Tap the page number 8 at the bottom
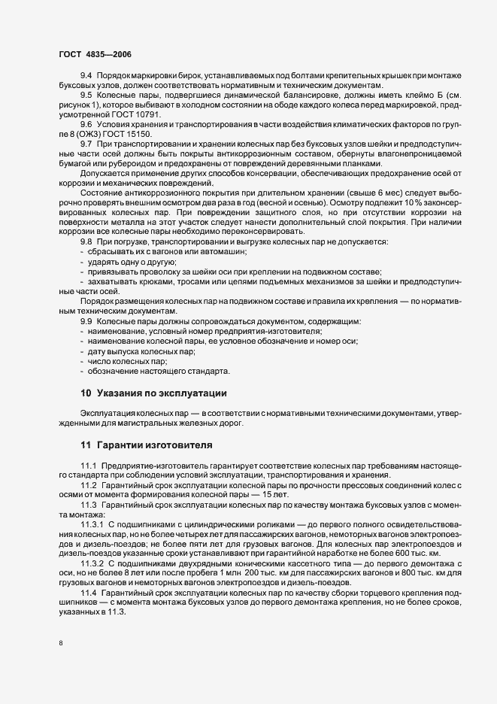[60, 643]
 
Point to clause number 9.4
[86, 77]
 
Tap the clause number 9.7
[86, 142]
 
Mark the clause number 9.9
[86, 321]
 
